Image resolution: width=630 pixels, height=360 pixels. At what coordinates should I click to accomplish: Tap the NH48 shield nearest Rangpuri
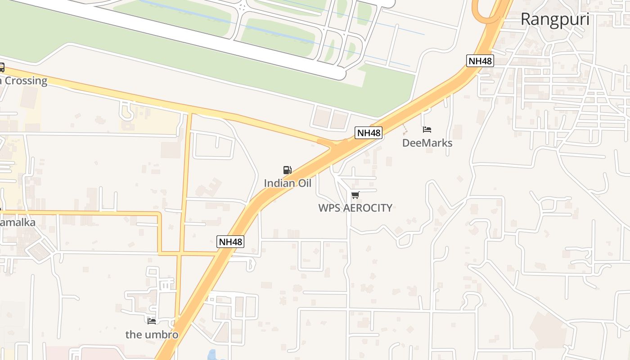tap(480, 61)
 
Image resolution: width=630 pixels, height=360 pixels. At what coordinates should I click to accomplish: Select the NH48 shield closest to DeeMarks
tap(369, 133)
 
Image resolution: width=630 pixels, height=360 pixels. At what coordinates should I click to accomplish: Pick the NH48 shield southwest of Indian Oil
tap(230, 242)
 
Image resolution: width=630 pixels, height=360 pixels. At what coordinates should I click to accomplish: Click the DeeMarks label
tap(427, 143)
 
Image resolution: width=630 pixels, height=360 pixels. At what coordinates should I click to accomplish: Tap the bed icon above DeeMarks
tap(427, 130)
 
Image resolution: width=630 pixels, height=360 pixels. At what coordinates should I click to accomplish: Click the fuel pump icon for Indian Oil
tap(287, 170)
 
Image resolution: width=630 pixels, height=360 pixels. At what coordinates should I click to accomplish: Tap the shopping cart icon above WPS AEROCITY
tap(355, 195)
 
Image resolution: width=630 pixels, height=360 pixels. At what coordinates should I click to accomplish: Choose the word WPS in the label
tap(329, 208)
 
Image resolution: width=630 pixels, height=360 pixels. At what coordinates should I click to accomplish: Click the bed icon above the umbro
tap(152, 321)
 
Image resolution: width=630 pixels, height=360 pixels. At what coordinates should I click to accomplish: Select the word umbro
tap(162, 335)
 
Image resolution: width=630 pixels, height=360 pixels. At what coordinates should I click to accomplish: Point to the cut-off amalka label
tap(18, 222)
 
